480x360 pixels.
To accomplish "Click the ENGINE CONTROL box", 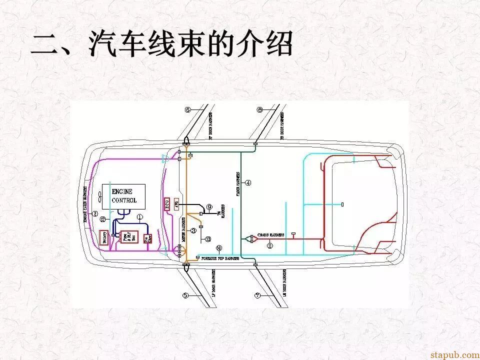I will pos(123,196).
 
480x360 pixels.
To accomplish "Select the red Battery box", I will pos(105,237).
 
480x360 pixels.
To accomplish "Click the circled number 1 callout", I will pos(140,216).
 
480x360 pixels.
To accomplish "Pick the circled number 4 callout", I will pos(248,183).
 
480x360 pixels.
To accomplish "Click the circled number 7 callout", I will pos(257,295).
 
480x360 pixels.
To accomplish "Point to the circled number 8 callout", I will pos(259,109).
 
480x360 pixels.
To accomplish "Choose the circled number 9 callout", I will pos(209,206).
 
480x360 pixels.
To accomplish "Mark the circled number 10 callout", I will pos(218,248).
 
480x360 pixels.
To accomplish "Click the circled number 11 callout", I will pos(270,245).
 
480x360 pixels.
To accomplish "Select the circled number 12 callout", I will pos(102,219).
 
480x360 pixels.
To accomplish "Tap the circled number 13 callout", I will pos(208,239).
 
